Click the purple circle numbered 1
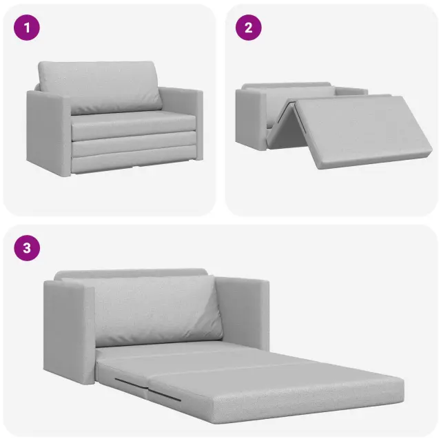pyautogui.click(x=27, y=28)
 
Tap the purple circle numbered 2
pyautogui.click(x=248, y=28)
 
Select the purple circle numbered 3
pyautogui.click(x=27, y=248)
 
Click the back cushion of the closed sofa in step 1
pyautogui.click(x=100, y=88)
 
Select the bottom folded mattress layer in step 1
pyautogui.click(x=133, y=163)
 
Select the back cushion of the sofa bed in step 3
pyautogui.click(x=156, y=311)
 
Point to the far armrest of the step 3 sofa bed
pyautogui.click(x=243, y=314)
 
